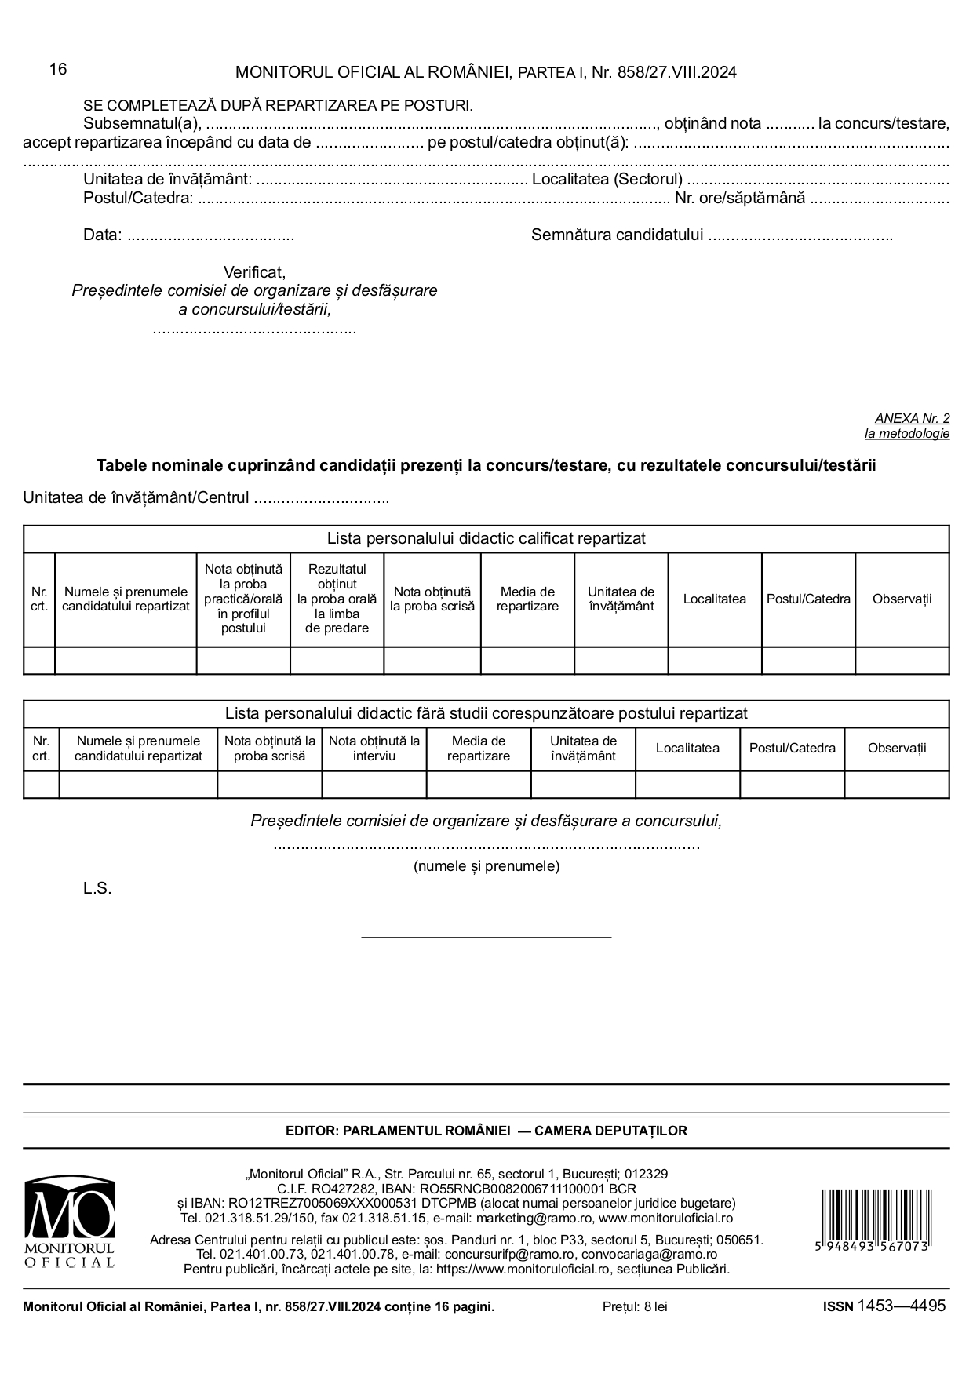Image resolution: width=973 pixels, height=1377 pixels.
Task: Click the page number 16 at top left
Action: click(x=58, y=69)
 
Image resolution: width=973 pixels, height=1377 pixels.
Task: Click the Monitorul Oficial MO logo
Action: click(x=69, y=1222)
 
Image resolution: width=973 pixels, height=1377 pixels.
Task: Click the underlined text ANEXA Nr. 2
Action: click(x=912, y=419)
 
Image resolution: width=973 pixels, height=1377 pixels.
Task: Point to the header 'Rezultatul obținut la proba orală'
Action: click(x=337, y=599)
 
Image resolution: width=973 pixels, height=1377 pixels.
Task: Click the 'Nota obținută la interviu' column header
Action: click(x=374, y=749)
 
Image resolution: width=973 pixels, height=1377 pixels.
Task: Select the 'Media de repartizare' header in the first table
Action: click(x=527, y=599)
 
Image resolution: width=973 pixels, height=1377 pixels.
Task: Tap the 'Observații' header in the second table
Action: click(x=896, y=749)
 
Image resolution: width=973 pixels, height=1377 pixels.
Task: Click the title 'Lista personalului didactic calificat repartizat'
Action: click(x=486, y=539)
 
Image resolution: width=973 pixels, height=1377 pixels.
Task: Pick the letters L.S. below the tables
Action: click(x=97, y=889)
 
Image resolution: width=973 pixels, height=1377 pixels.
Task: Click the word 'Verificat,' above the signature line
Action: click(x=254, y=272)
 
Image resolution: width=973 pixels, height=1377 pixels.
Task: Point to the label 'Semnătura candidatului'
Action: click(x=617, y=235)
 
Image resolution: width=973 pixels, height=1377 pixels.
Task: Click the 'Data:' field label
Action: click(x=102, y=235)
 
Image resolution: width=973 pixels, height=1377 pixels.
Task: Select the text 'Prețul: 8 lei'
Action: click(x=635, y=1306)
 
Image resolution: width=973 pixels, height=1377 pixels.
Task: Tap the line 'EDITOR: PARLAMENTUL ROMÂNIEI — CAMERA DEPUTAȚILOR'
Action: click(x=486, y=1131)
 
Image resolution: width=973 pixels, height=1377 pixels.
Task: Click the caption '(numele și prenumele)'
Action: click(x=486, y=866)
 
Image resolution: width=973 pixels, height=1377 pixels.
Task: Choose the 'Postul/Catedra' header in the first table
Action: click(x=808, y=599)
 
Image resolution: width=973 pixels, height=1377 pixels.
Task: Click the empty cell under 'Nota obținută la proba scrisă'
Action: click(x=432, y=661)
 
